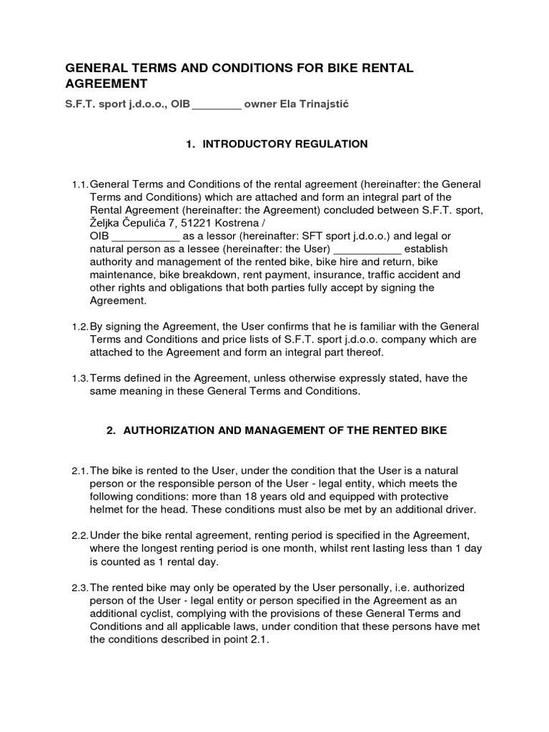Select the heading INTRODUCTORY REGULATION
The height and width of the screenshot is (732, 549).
click(x=285, y=144)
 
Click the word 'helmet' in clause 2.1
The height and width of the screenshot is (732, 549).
click(x=106, y=509)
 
